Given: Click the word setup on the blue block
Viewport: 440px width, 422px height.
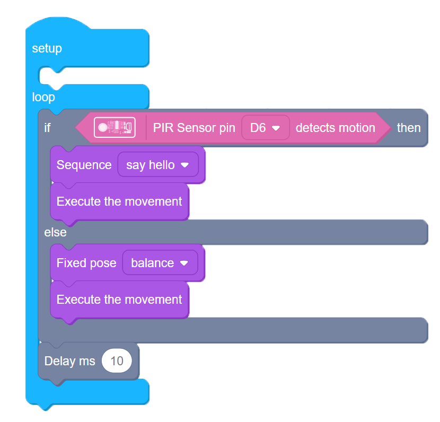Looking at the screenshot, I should pos(47,48).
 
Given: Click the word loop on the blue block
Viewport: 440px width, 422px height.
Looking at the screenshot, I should pos(43,98).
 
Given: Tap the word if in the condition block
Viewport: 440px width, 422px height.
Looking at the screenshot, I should pos(48,128).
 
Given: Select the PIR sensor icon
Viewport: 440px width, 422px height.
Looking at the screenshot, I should pos(115,127).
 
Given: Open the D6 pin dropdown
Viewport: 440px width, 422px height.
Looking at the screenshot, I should pos(265,128).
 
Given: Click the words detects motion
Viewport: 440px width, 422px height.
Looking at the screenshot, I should pos(335,128).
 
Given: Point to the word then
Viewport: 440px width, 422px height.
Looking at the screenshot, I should pos(409,128).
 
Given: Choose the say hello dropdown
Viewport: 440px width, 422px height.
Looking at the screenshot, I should pos(157,165).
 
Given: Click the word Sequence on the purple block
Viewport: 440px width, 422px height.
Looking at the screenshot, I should pos(84,165).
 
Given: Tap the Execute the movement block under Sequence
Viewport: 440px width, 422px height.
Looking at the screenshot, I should pos(119,201).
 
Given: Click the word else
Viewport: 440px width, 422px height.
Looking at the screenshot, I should pos(55,232).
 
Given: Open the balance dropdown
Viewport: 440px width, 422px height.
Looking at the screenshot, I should pos(160,263).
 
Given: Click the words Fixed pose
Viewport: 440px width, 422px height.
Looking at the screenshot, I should pos(86,263).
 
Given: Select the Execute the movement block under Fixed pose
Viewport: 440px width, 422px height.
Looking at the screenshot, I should pos(119,300).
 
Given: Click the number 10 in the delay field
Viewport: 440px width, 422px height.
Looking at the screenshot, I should pos(117,361).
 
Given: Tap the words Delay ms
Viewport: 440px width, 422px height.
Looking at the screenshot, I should pos(69,361).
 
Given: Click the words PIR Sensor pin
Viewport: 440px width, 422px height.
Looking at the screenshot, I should pos(194,128).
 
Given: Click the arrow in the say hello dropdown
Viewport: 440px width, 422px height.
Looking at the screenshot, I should pos(184,165).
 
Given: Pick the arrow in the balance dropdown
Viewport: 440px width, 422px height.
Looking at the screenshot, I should pos(184,263).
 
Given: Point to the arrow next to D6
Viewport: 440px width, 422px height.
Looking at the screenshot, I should pos(276,128).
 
